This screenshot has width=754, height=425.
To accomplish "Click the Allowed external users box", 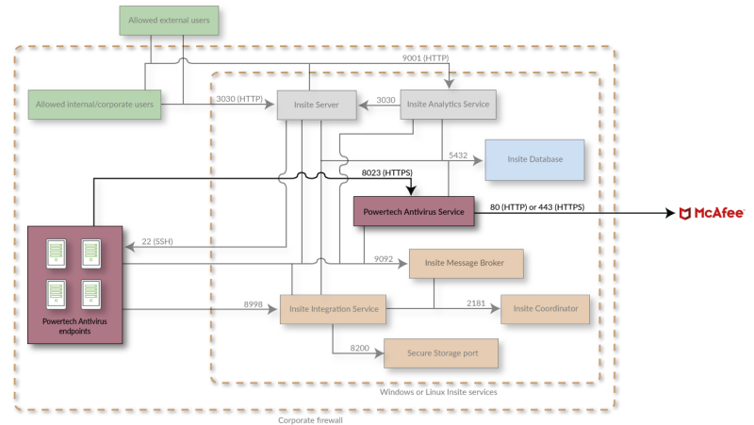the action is click(169, 20).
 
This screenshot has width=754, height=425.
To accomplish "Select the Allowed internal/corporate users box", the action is click(94, 105).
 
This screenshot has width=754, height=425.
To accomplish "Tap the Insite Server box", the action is click(317, 105).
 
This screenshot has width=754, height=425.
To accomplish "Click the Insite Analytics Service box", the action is click(449, 105).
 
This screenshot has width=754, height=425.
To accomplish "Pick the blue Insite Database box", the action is click(534, 159).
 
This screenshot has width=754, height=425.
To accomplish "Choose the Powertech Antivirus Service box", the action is click(414, 211).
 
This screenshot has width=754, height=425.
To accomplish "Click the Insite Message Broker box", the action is click(466, 264).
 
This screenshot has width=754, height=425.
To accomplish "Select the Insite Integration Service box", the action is click(334, 309).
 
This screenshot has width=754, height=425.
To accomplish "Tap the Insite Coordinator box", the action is click(546, 309).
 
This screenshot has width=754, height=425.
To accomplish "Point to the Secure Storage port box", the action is click(441, 353).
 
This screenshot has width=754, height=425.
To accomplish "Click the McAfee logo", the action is click(712, 213).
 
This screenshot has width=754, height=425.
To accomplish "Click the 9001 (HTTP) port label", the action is click(426, 58).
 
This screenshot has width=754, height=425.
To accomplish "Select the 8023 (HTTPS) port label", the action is click(387, 172).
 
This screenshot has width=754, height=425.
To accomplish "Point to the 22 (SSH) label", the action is click(157, 241).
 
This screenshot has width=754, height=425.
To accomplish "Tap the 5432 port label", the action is click(458, 155).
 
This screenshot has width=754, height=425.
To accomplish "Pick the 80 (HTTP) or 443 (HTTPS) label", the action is click(537, 207).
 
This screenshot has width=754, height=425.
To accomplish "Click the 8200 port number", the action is click(360, 348).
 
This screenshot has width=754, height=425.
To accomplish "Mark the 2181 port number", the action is click(476, 303).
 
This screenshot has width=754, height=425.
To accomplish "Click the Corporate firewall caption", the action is click(310, 420).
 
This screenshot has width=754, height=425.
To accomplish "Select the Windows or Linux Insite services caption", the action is click(438, 392).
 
